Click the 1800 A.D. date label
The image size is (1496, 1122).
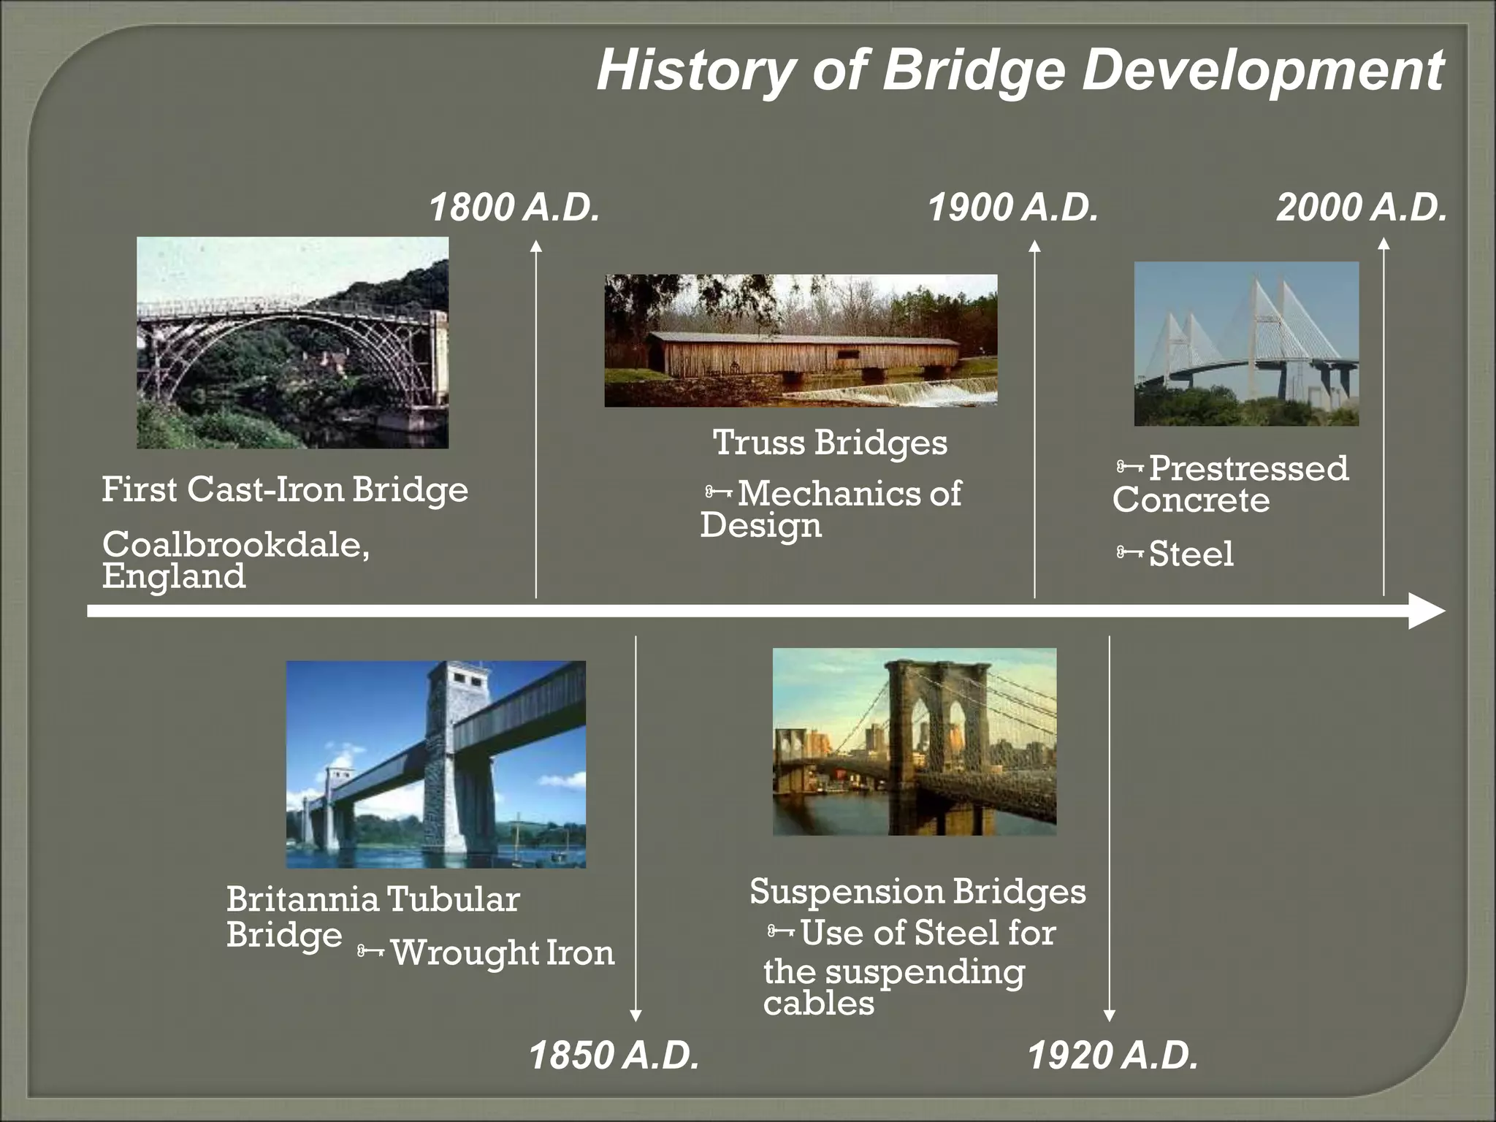(514, 207)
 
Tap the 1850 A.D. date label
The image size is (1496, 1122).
(614, 1056)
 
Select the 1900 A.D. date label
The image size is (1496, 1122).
(1012, 207)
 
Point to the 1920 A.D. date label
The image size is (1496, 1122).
(1113, 1056)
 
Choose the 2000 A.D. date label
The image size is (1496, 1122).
(1361, 207)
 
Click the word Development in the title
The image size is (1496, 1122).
(1262, 71)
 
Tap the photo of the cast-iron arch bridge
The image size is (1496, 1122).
(292, 342)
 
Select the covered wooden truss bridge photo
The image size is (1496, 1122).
(801, 340)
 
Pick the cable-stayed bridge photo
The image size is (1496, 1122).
(1246, 343)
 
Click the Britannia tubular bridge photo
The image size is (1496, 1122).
(435, 764)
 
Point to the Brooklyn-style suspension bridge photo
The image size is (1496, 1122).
(914, 741)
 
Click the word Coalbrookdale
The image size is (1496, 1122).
(235, 544)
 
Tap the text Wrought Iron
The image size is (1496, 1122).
(503, 953)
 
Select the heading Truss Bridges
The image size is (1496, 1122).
(830, 443)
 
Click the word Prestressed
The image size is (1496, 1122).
(1248, 468)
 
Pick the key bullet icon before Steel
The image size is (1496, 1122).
(1129, 552)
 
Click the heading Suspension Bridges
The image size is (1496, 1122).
(917, 892)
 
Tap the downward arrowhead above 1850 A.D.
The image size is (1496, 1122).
(636, 1015)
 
